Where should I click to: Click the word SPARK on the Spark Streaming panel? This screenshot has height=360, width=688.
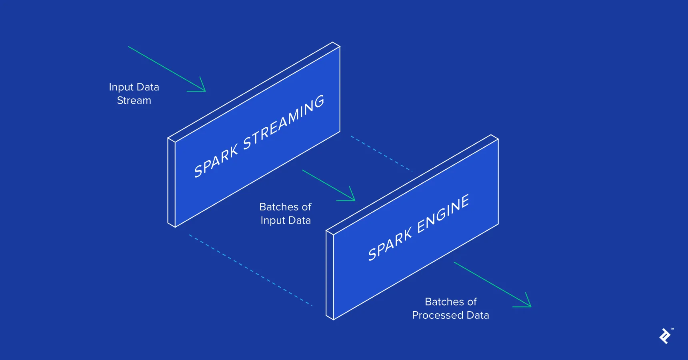[x=216, y=162]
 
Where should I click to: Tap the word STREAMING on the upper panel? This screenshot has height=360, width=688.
[x=283, y=122]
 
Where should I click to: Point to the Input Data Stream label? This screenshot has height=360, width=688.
[x=134, y=94]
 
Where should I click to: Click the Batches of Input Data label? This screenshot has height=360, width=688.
[x=285, y=214]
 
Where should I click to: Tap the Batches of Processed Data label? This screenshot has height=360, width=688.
[x=450, y=308]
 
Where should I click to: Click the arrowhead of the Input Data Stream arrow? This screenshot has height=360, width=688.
[x=203, y=88]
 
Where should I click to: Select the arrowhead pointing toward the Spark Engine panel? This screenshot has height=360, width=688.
[x=352, y=197]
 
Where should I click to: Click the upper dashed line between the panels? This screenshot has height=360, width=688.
[x=381, y=154]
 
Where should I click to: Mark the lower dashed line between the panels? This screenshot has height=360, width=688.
[x=250, y=270]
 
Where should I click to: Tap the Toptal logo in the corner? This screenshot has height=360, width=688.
[x=665, y=336]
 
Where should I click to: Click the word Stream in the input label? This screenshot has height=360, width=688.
[x=134, y=100]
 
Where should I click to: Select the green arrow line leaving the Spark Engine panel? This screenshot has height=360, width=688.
[x=488, y=282]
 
